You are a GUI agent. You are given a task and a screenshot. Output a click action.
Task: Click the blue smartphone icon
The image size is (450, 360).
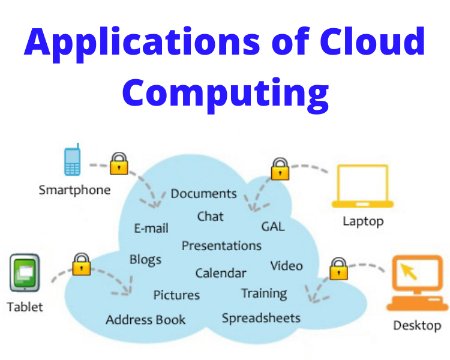click(x=72, y=161)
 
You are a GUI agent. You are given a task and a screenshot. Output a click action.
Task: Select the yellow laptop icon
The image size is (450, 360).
click(x=362, y=186)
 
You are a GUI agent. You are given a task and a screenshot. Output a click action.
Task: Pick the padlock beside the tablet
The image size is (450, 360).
click(x=81, y=264)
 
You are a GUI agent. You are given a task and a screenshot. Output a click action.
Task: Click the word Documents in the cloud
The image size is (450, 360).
click(x=203, y=194)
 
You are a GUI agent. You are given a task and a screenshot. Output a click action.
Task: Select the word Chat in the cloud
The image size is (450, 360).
click(x=210, y=216)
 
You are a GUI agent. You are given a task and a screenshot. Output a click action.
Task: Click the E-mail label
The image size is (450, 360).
click(x=151, y=228)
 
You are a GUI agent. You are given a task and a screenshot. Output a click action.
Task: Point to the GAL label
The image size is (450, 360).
click(x=272, y=227)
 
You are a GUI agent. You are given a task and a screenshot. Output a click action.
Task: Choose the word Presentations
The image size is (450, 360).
click(x=221, y=246)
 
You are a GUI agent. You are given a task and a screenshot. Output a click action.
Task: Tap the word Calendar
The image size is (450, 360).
click(x=220, y=273)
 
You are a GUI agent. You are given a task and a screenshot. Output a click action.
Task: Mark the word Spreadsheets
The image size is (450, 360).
click(x=260, y=318)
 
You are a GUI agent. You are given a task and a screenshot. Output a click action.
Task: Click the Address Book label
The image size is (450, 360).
click(x=146, y=320)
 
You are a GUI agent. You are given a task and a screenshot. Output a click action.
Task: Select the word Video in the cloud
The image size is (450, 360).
click(x=286, y=266)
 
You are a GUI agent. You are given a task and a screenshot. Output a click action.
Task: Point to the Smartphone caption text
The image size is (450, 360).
click(x=74, y=190)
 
